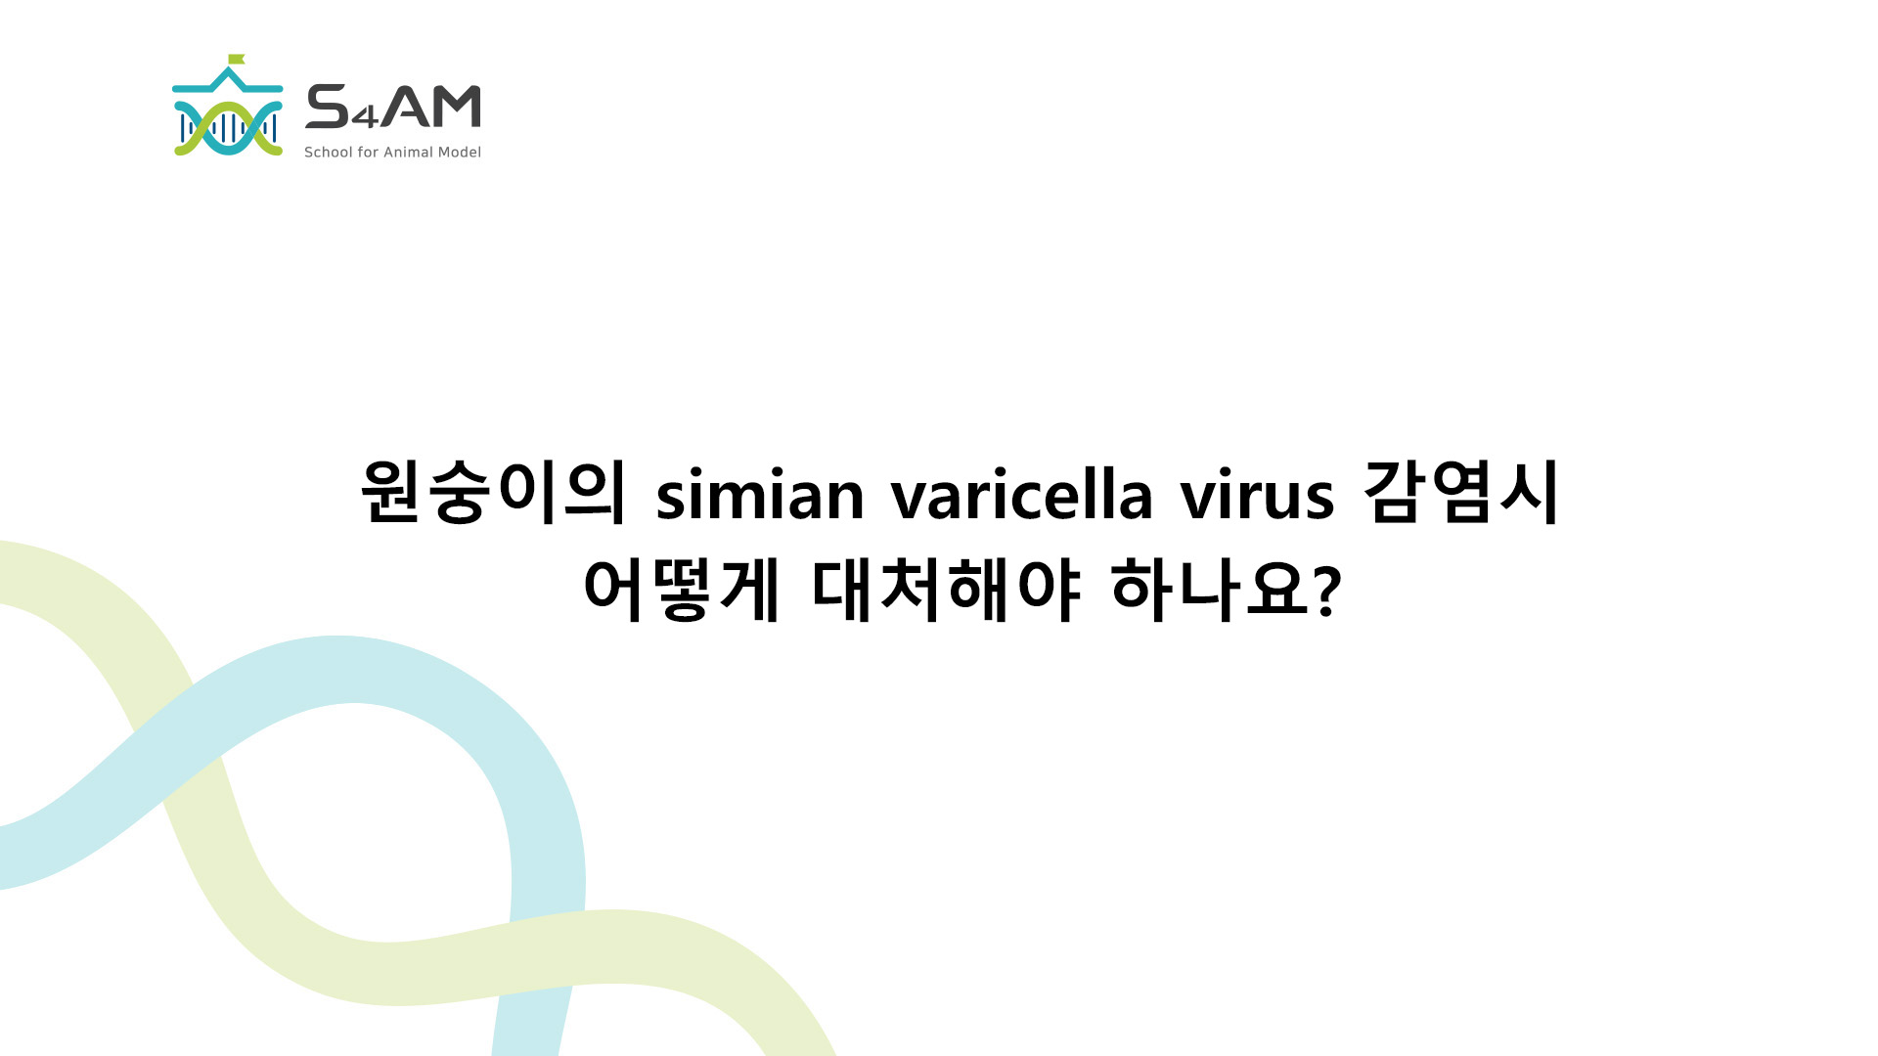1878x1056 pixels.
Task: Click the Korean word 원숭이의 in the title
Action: pyautogui.click(x=494, y=492)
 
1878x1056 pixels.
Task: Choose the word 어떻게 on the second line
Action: pyautogui.click(x=682, y=590)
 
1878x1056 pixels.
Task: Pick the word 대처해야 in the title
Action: pyautogui.click(x=947, y=590)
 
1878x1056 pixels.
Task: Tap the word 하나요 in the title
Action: pyautogui.click(x=1210, y=590)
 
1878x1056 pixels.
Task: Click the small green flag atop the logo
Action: pyautogui.click(x=237, y=59)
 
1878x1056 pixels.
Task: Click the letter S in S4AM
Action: pyautogui.click(x=328, y=107)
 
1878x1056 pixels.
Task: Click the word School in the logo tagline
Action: pyautogui.click(x=329, y=153)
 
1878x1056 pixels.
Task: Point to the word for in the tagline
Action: pyautogui.click(x=368, y=153)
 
